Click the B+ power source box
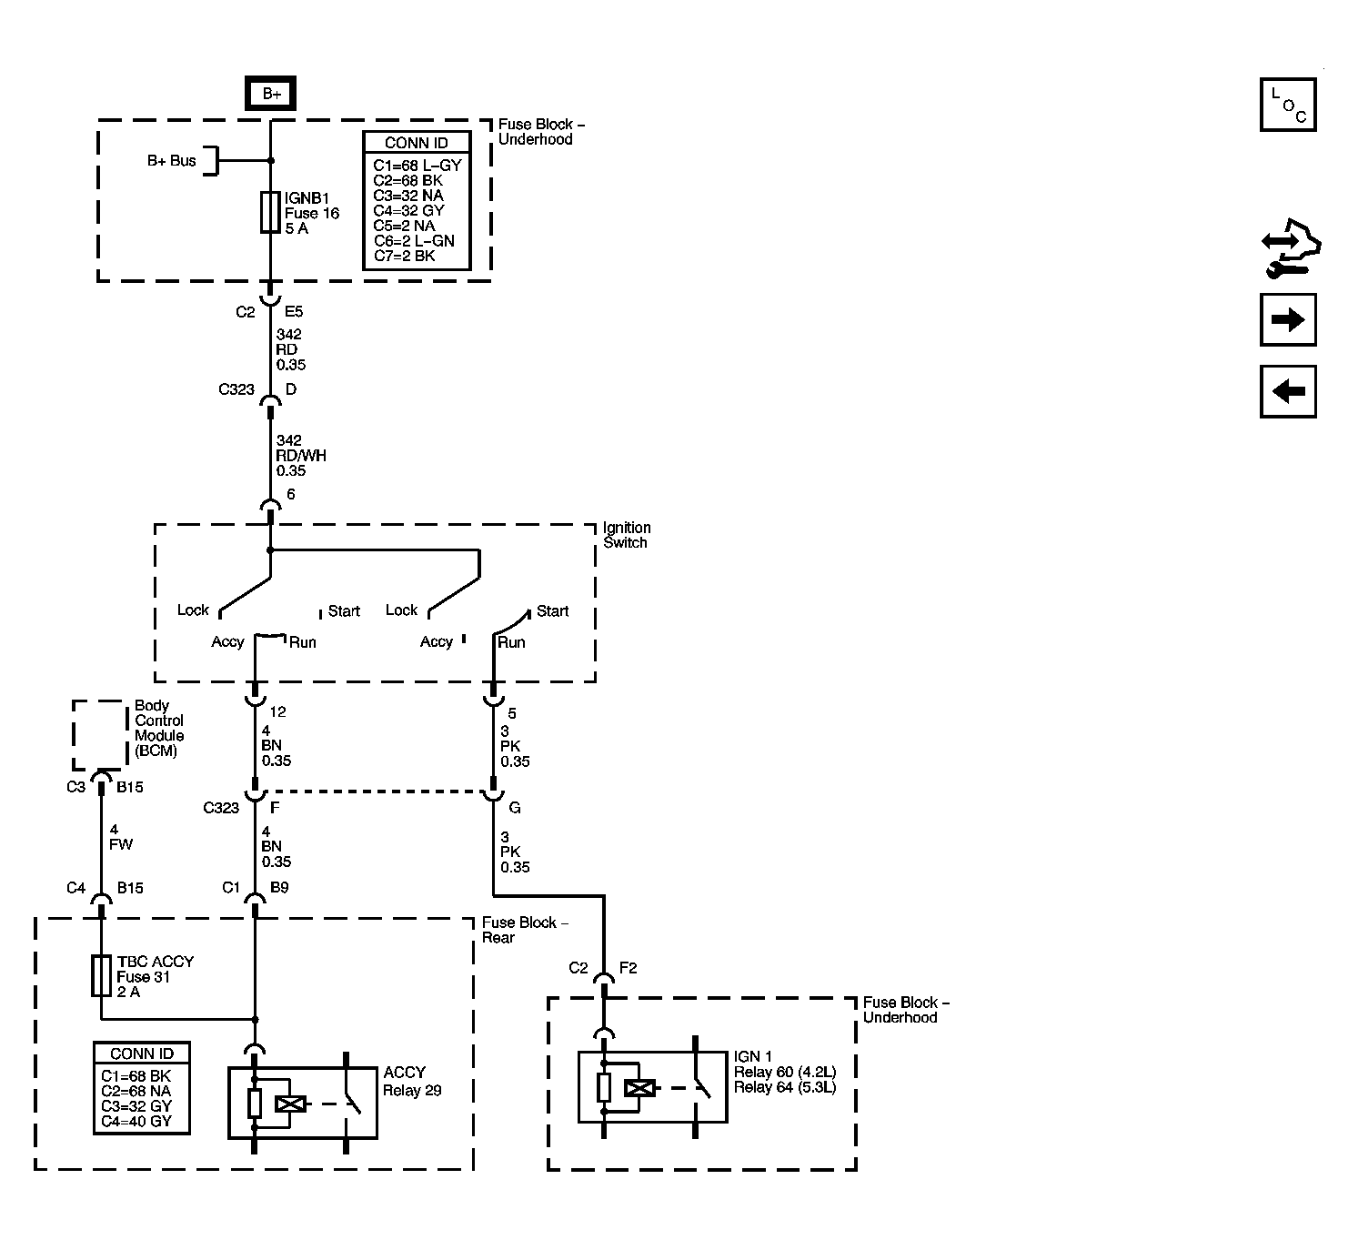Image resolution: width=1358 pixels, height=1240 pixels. click(270, 93)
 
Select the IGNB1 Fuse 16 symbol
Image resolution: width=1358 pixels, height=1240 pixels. click(270, 213)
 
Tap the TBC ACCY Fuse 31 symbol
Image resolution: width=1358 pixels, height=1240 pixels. click(101, 976)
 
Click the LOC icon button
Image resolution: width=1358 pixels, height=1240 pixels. click(1288, 105)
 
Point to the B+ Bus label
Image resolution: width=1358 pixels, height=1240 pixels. click(171, 160)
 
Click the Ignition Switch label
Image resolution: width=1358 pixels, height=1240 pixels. click(627, 534)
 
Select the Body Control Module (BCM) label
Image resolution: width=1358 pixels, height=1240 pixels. click(159, 728)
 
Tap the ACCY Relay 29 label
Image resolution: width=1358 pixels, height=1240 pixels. click(412, 1081)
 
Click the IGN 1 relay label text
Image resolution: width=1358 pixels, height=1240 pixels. click(785, 1072)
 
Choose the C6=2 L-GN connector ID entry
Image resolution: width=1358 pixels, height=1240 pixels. click(414, 240)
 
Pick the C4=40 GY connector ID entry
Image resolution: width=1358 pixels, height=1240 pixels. click(136, 1121)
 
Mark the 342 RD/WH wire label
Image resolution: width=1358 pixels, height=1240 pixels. click(300, 455)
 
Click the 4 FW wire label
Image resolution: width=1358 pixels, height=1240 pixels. click(120, 837)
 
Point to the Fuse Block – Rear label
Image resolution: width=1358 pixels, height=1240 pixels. click(526, 930)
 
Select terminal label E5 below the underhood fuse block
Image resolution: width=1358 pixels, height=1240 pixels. click(294, 311)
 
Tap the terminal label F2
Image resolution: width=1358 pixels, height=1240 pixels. click(629, 968)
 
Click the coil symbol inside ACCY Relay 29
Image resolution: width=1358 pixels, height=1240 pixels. click(290, 1104)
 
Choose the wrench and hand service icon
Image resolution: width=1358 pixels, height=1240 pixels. click(1291, 247)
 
